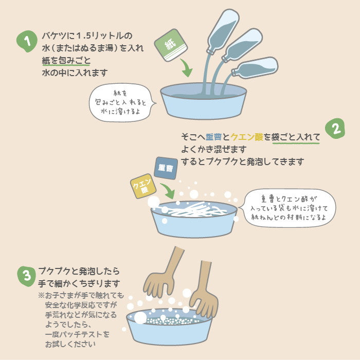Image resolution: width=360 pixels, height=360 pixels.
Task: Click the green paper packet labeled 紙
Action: coord(170,45)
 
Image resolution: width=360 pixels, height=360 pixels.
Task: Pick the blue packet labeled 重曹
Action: coord(166,168)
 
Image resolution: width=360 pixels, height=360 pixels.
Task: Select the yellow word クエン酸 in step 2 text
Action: coord(246,137)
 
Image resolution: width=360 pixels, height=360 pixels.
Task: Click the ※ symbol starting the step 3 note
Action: coord(41,296)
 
